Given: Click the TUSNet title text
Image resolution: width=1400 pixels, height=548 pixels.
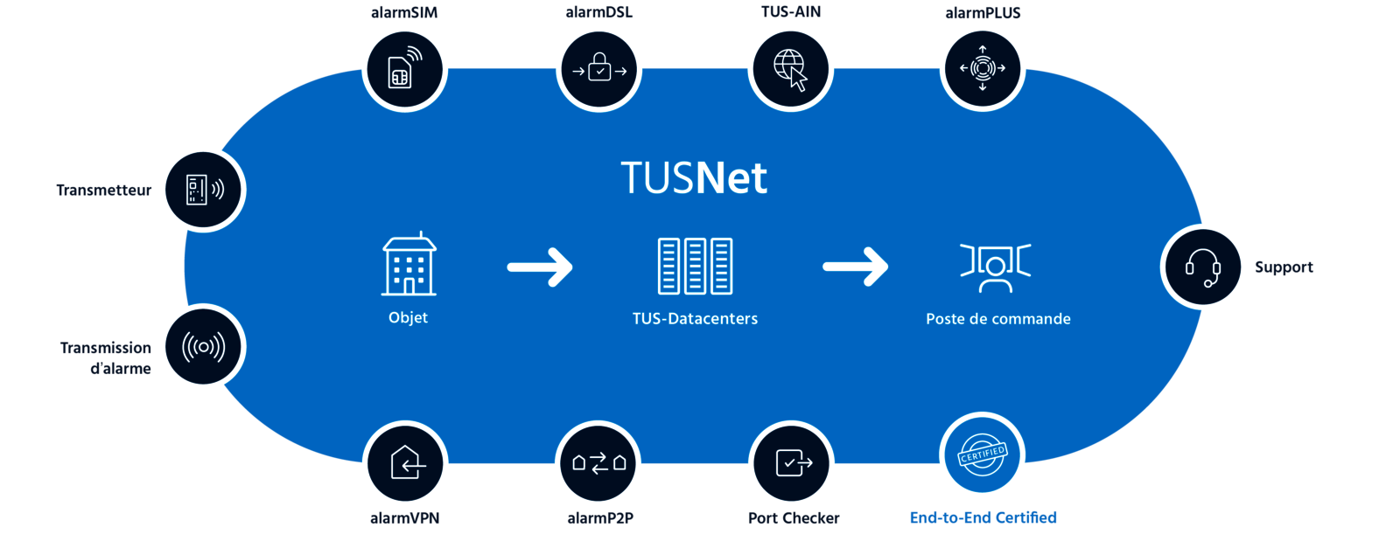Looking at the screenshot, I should (694, 178).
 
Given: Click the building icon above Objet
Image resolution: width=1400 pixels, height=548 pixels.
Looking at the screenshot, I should (409, 265).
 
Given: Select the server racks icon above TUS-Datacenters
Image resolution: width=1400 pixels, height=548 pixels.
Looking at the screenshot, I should (695, 266).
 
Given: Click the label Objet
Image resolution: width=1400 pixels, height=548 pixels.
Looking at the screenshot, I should (408, 317).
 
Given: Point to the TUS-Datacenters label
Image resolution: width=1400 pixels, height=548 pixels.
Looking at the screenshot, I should (695, 319).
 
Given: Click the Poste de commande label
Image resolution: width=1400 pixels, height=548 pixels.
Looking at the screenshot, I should (997, 319).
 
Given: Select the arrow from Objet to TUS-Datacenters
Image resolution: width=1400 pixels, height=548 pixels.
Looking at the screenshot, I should (540, 267).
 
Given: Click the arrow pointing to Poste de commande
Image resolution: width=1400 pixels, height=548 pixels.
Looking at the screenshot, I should (855, 267).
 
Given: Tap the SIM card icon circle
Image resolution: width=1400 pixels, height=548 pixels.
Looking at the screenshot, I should (404, 68).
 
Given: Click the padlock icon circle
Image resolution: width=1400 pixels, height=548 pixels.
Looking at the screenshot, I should (598, 68).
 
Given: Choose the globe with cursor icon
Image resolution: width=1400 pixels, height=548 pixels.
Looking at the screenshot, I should (790, 68).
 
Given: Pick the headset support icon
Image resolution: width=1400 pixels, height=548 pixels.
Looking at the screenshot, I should (1203, 267).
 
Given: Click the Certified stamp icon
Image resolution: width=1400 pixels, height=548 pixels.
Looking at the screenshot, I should (982, 455).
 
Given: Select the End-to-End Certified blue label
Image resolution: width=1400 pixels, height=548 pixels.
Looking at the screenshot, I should (983, 517).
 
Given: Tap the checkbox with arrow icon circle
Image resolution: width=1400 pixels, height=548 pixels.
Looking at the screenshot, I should (792, 463).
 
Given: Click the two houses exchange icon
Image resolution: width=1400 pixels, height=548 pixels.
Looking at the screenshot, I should (598, 463).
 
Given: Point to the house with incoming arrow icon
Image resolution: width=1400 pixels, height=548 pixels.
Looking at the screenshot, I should (405, 463).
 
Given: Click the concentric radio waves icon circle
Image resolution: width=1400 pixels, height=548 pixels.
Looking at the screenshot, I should (203, 347).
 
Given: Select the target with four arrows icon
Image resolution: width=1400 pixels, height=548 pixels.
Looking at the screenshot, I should (982, 68).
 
